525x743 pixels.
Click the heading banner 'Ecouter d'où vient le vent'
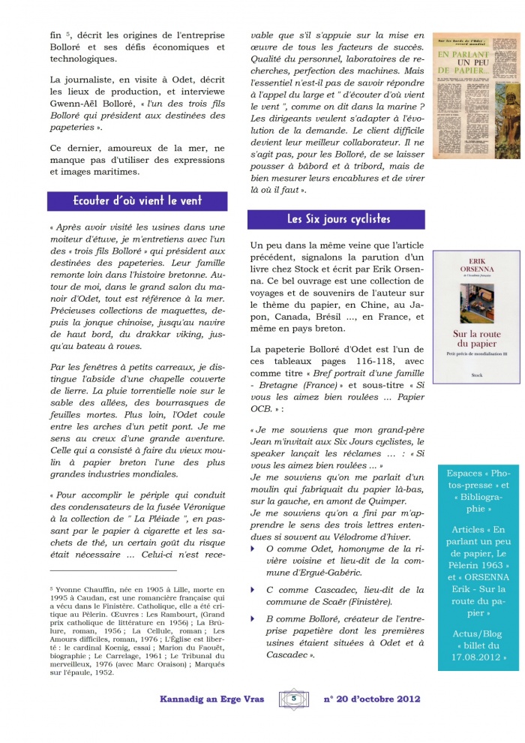tap(137, 201)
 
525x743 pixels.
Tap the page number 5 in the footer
tap(295, 699)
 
